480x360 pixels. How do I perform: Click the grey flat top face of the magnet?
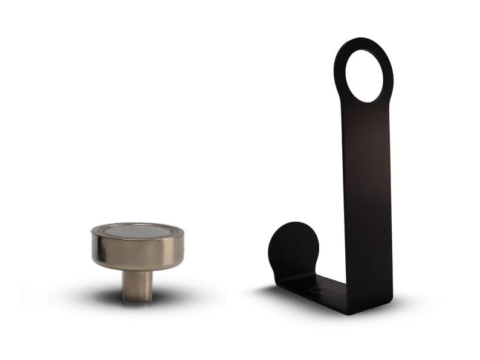click(x=137, y=231)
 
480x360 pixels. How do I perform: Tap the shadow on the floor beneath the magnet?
click(x=175, y=297)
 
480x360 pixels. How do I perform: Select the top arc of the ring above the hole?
click(x=363, y=43)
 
